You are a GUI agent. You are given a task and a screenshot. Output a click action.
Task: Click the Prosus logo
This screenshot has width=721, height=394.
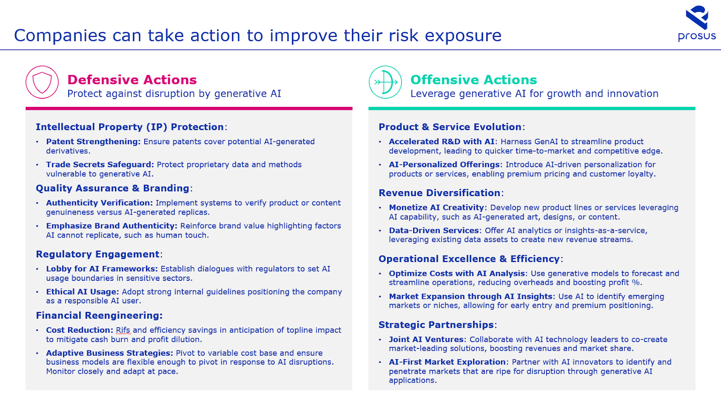pos(697,23)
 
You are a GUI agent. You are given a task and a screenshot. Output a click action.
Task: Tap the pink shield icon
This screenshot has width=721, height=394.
pos(42,82)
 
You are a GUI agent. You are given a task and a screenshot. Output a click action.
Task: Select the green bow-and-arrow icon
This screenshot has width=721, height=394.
pos(385,82)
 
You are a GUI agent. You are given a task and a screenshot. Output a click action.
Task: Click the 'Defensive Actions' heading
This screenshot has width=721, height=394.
pos(132,80)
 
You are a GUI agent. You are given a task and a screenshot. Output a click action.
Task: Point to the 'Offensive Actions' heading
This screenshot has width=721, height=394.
pos(474,80)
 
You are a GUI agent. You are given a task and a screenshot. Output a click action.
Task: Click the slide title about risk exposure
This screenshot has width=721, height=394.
pos(257,36)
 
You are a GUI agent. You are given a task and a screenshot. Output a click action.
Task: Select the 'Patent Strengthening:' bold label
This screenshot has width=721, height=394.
pos(93,142)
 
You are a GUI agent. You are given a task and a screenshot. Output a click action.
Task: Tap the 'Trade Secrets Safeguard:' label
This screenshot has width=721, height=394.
pos(100,165)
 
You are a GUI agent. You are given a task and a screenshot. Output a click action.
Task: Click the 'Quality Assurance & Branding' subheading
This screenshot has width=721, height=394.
pos(112,188)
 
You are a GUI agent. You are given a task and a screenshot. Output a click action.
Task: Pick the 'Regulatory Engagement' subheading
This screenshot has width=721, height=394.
pos(97,254)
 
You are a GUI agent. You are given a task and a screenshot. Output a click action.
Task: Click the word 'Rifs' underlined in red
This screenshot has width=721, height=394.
pos(123,330)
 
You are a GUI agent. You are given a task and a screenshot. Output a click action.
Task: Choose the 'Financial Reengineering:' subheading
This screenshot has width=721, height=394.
pos(99,316)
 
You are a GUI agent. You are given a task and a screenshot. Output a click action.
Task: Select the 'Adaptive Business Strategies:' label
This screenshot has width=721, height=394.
pos(110,353)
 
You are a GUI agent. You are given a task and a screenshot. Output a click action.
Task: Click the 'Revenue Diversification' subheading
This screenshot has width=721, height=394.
pos(439,193)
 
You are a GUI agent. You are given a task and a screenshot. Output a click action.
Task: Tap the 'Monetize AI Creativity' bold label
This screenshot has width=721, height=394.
pos(437,208)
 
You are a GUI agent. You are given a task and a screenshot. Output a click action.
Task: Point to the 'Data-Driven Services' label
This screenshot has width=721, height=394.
pos(434,230)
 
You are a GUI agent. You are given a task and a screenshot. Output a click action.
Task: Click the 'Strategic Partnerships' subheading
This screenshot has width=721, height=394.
pos(436,325)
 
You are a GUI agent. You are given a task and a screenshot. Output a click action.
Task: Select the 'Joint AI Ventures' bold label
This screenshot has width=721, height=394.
pos(426,339)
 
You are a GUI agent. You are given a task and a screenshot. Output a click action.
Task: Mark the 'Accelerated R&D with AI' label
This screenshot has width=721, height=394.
pos(442,142)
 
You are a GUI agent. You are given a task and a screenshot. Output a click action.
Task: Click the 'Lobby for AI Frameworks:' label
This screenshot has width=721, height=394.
pos(102,269)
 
